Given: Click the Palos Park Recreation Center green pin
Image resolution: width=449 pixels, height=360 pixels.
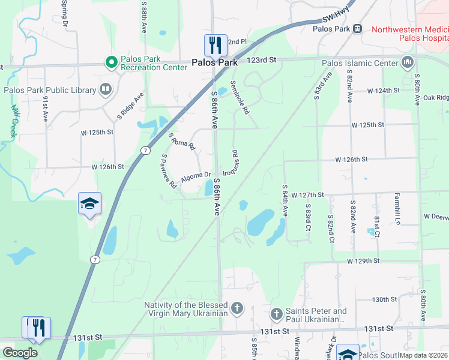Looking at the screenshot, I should pyautogui.click(x=110, y=62).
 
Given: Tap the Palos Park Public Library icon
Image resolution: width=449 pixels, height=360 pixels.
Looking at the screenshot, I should pyautogui.click(x=106, y=90).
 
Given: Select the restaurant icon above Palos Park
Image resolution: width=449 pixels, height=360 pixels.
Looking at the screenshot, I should pyautogui.click(x=215, y=44).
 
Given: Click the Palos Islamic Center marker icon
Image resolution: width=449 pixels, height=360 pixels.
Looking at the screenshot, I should pyautogui.click(x=408, y=62).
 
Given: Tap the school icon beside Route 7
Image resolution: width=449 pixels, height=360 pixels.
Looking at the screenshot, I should pyautogui.click(x=89, y=204).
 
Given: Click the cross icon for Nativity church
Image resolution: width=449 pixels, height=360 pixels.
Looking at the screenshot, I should pyautogui.click(x=237, y=309).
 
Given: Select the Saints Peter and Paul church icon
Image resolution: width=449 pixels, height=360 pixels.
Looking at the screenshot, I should pyautogui.click(x=276, y=313).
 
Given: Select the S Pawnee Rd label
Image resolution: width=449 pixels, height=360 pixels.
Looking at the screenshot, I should pyautogui.click(x=167, y=170).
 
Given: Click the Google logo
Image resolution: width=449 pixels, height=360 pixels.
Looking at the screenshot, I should pyautogui.click(x=20, y=353).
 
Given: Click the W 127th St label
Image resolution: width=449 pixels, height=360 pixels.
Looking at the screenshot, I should pyautogui.click(x=307, y=195).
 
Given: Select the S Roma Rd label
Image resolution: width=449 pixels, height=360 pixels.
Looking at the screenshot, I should pyautogui.click(x=182, y=142).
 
